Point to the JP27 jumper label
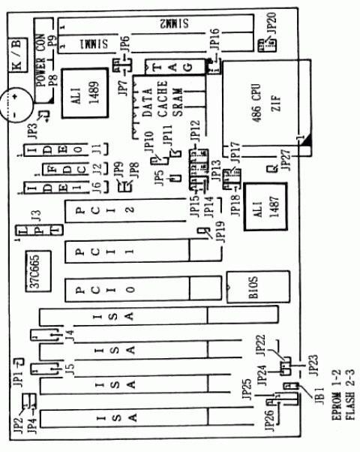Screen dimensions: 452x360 pyautogui.click(x=283, y=159)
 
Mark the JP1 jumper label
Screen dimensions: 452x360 pyautogui.click(x=18, y=369)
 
